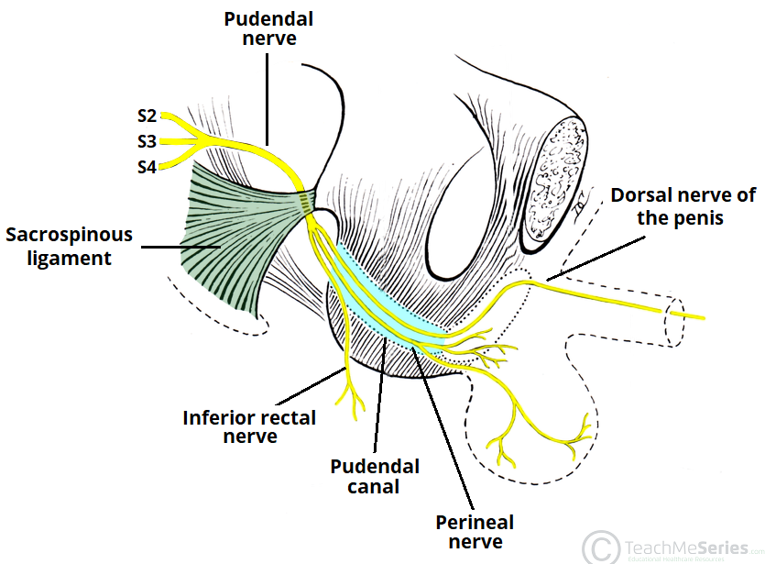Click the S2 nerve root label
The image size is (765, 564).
tap(147, 116)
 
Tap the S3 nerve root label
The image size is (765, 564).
tap(147, 141)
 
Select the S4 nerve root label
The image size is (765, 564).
tap(147, 167)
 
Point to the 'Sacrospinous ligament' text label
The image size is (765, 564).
tap(70, 246)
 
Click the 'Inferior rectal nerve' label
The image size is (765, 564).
tap(249, 426)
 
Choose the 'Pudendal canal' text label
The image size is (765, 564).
tap(375, 476)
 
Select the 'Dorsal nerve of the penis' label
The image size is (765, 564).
tap(683, 206)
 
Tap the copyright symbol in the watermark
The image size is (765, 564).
tap(601, 547)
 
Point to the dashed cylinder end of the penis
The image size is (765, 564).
tap(677, 321)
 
